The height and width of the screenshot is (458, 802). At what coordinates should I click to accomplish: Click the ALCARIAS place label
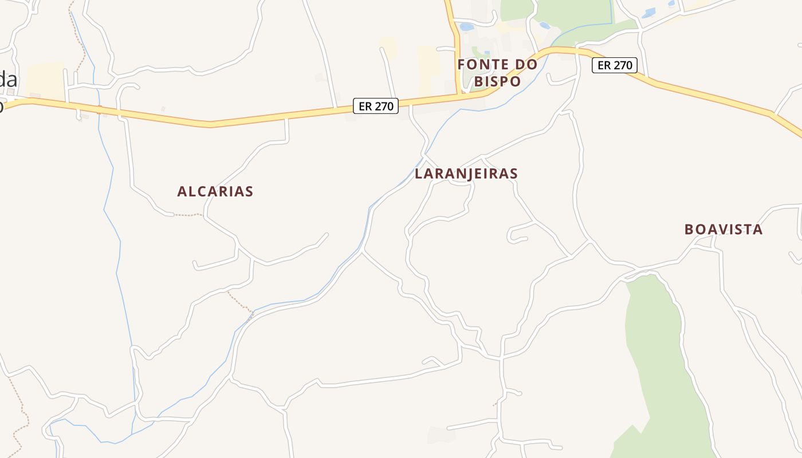pyautogui.click(x=215, y=191)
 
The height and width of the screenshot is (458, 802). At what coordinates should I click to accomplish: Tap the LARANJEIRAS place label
pyautogui.click(x=466, y=173)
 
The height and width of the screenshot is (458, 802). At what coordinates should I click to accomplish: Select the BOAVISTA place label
pyautogui.click(x=724, y=230)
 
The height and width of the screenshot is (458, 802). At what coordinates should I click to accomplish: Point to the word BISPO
pyautogui.click(x=497, y=82)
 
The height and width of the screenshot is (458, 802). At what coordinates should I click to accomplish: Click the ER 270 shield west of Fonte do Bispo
pyautogui.click(x=375, y=106)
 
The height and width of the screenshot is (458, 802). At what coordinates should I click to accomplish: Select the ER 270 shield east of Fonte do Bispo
pyautogui.click(x=614, y=65)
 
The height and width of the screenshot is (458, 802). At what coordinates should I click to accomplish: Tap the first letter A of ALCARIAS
pyautogui.click(x=182, y=191)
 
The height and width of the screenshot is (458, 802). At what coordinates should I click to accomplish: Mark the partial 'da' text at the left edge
pyautogui.click(x=8, y=79)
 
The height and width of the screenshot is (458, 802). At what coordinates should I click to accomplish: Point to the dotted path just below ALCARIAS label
pyautogui.click(x=188, y=215)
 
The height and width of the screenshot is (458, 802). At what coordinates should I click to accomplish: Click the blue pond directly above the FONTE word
pyautogui.click(x=467, y=27)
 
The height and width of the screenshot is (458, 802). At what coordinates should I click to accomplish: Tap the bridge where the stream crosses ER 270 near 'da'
pyautogui.click(x=99, y=109)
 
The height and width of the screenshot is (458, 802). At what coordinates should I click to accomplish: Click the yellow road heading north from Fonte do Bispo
pyautogui.click(x=455, y=34)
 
